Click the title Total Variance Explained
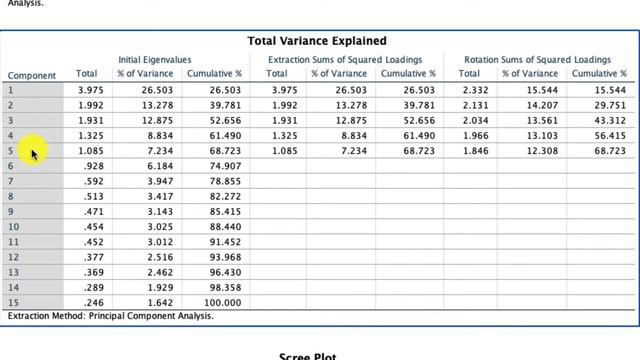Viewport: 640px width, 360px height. [317, 41]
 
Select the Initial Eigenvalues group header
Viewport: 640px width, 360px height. [155, 60]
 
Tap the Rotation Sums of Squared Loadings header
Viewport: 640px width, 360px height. [538, 60]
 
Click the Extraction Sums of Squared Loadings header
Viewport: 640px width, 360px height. [345, 60]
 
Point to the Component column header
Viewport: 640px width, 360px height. [32, 76]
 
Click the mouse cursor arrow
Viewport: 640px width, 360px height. [34, 155]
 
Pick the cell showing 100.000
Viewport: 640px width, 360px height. [222, 303]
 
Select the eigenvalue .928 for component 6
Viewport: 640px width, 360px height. [93, 166]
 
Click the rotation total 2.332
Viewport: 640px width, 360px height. [476, 90]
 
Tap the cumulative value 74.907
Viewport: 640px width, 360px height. [225, 166]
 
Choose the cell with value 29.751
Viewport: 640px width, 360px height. [610, 105]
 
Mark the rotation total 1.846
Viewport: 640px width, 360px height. [476, 151]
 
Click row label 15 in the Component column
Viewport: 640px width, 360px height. [13, 303]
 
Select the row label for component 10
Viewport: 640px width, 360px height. [13, 227]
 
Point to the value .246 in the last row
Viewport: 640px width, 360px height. [93, 303]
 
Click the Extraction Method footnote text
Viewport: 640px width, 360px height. [111, 316]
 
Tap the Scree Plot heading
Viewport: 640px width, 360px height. [308, 356]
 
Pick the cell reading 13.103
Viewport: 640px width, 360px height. [542, 136]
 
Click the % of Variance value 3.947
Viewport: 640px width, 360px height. [160, 181]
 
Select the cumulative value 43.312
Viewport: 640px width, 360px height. [610, 121]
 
